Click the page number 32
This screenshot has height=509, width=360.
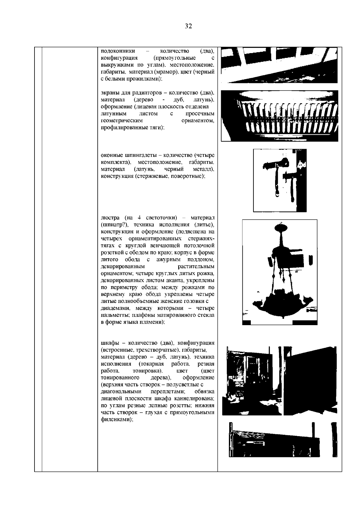tap(188, 26)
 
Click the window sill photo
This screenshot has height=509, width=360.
tap(280, 65)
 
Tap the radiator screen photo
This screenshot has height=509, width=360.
tap(280, 115)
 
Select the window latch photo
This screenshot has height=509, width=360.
tap(280, 180)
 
